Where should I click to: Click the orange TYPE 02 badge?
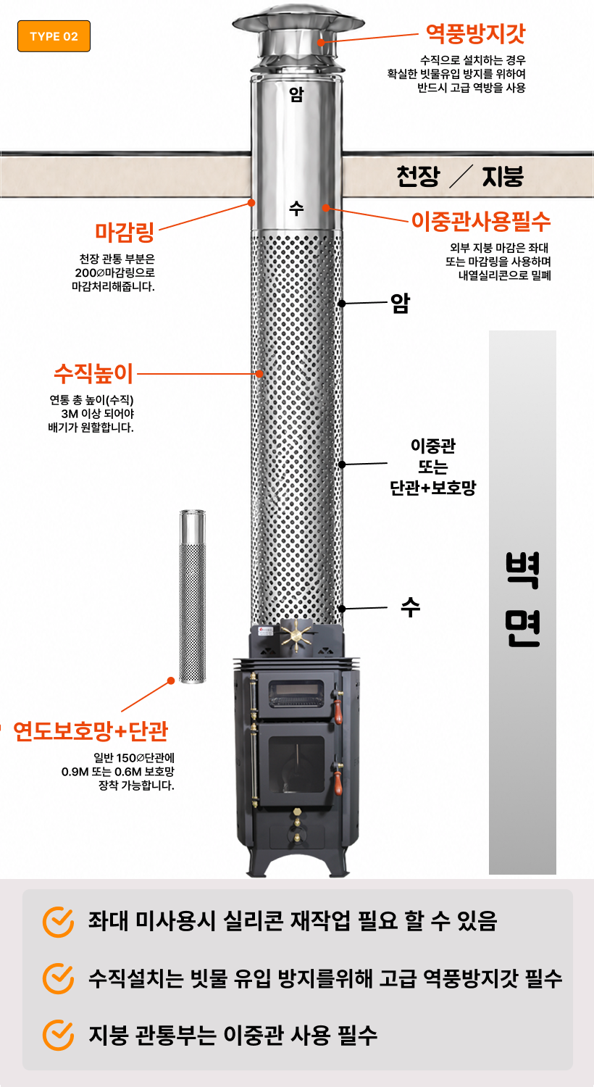pyautogui.click(x=54, y=36)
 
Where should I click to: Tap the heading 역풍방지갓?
pyautogui.click(x=475, y=33)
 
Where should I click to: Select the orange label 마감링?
pyautogui.click(x=125, y=232)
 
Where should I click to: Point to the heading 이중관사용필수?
pyautogui.click(x=481, y=221)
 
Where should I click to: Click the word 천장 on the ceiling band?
pyautogui.click(x=418, y=175)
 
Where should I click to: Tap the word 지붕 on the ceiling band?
pyautogui.click(x=503, y=175)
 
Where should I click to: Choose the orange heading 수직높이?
pyautogui.click(x=93, y=373)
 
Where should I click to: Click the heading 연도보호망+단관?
pyautogui.click(x=91, y=730)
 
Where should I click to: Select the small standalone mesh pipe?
pyautogui.click(x=193, y=596)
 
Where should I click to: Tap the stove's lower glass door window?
pyautogui.click(x=296, y=765)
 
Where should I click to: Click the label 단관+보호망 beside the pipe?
pyautogui.click(x=433, y=487)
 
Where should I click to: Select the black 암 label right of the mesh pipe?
pyautogui.click(x=401, y=303)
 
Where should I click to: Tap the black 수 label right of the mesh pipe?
pyautogui.click(x=410, y=607)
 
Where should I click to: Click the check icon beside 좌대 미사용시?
pyautogui.click(x=58, y=922)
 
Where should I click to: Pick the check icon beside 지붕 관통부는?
pyautogui.click(x=58, y=1035)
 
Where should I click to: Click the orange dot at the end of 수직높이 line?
pyautogui.click(x=260, y=374)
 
